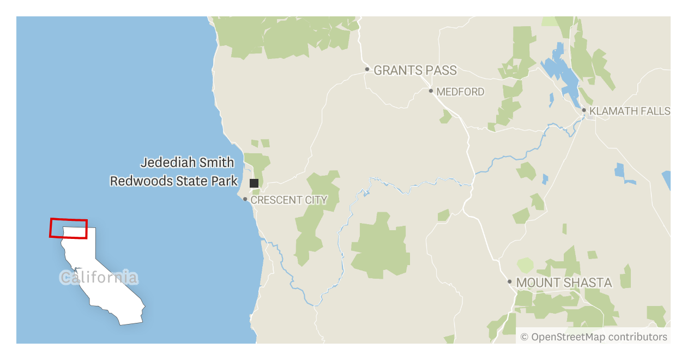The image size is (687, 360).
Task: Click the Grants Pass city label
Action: point(415,70)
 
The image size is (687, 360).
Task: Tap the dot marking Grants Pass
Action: point(367,69)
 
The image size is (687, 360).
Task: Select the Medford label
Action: point(460,92)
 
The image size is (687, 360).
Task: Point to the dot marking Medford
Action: point(431,91)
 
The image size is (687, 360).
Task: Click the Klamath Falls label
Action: point(630,111)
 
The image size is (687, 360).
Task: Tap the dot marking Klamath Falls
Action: point(584,110)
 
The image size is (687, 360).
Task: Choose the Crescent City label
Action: point(289,200)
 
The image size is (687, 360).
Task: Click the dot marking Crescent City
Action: point(245,199)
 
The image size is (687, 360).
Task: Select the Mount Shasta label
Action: point(564,283)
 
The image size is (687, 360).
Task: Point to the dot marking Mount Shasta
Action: point(510,282)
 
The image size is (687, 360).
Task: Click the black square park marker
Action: point(254,183)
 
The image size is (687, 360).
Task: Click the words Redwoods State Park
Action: point(174,181)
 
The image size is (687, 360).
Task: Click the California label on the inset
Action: point(99,278)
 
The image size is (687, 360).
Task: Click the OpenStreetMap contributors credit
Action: point(594,337)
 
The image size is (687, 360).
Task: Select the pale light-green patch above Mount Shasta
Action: point(526,266)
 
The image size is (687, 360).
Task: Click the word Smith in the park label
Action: point(219,163)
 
